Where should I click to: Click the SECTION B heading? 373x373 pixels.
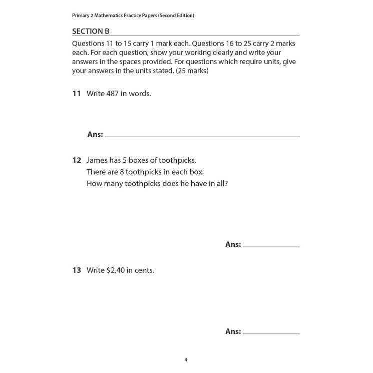point(91,31)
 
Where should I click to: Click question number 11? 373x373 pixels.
point(76,94)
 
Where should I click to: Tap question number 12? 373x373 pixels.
point(77,161)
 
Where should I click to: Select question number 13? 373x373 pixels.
point(77,270)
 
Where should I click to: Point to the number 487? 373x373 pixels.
point(113,94)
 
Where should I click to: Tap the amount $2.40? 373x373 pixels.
point(115,270)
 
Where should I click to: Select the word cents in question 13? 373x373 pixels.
point(143,270)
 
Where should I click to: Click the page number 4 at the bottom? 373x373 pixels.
point(186,359)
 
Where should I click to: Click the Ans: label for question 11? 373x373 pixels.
point(95,134)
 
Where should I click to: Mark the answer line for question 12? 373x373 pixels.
point(271,246)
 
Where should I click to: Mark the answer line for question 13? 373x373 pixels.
point(271,333)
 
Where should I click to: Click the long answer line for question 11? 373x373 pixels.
point(202,136)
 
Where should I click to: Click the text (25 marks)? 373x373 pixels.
point(192,71)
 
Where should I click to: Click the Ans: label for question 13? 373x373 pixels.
point(233,331)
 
